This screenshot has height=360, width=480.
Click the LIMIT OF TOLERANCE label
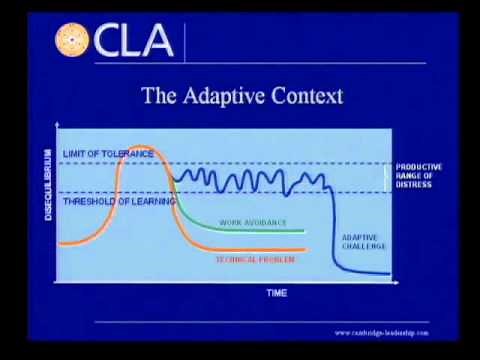(x=108, y=153)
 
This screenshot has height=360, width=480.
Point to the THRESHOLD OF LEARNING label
(x=118, y=201)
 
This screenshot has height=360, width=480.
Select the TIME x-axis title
(x=275, y=293)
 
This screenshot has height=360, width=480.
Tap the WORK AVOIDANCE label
(x=252, y=222)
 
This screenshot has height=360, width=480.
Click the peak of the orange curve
(x=139, y=147)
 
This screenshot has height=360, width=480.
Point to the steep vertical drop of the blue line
(x=334, y=225)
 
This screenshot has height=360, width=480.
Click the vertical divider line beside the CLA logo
(x=185, y=40)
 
